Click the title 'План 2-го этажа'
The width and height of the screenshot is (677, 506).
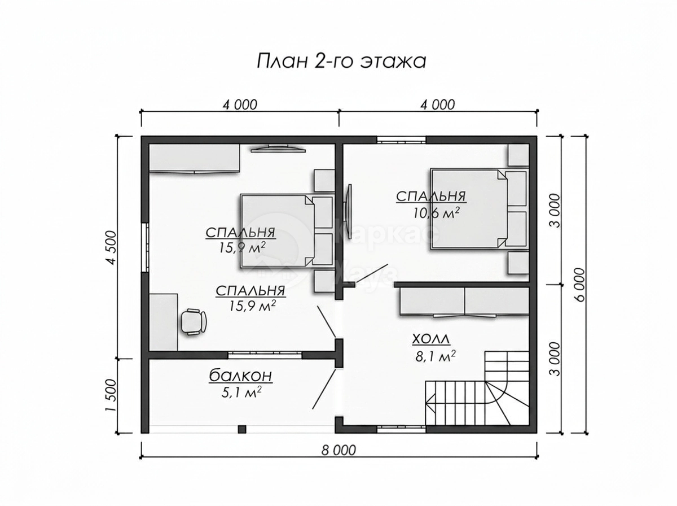point(341,61)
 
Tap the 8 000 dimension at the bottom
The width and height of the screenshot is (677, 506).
point(338,451)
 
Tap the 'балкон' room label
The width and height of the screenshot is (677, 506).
point(240,376)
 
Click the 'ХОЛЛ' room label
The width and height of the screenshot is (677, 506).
point(431,339)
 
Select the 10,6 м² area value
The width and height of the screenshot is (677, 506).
point(436,213)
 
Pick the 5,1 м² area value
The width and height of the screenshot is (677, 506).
point(241,392)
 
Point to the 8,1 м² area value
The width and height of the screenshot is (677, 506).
point(435,356)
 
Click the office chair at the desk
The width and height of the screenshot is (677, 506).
point(194,321)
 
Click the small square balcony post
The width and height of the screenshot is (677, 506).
point(242,429)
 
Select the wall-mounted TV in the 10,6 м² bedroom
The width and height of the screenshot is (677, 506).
point(349,211)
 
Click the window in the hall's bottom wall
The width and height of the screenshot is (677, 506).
point(401,428)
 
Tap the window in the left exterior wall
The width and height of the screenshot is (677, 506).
point(144,247)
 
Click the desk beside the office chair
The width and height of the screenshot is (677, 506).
point(163,322)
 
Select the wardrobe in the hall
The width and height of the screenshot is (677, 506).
point(464,302)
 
